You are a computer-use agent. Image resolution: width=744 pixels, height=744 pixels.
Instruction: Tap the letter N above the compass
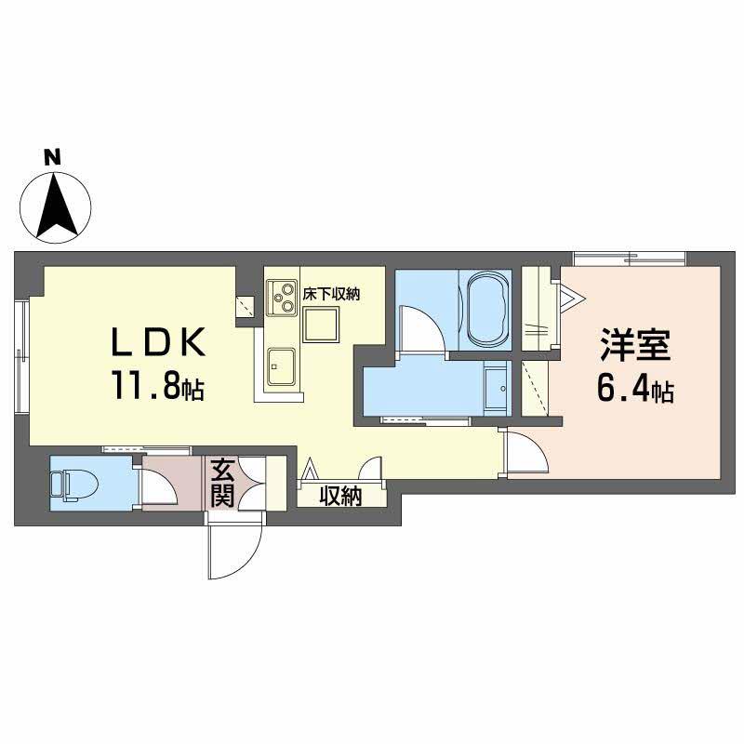point(55,157)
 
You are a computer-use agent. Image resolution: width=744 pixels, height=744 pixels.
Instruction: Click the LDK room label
point(158,344)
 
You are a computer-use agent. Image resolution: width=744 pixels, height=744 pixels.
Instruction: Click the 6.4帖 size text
point(635,391)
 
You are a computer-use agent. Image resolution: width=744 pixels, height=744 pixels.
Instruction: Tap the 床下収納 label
point(331,294)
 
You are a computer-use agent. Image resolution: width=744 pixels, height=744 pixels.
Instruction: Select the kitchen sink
point(281,365)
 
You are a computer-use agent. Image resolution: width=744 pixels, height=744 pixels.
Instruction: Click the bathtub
point(485,309)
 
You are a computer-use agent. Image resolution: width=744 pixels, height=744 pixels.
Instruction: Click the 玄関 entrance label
point(221,482)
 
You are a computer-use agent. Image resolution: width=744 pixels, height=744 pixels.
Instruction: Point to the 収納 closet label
point(340,496)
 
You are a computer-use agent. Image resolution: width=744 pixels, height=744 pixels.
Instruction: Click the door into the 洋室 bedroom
point(525,454)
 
